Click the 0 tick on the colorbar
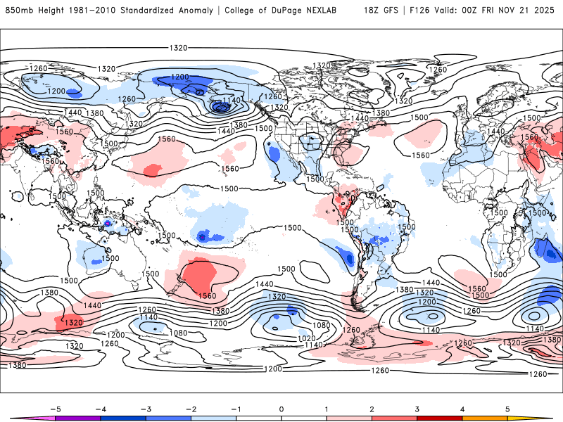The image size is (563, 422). coord(281,408)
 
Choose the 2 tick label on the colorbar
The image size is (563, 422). coord(372,408)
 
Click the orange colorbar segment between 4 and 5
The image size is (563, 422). coord(485,418)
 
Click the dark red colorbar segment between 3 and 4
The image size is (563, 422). coord(440,418)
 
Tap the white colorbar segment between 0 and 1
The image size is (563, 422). coord(304,418)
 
